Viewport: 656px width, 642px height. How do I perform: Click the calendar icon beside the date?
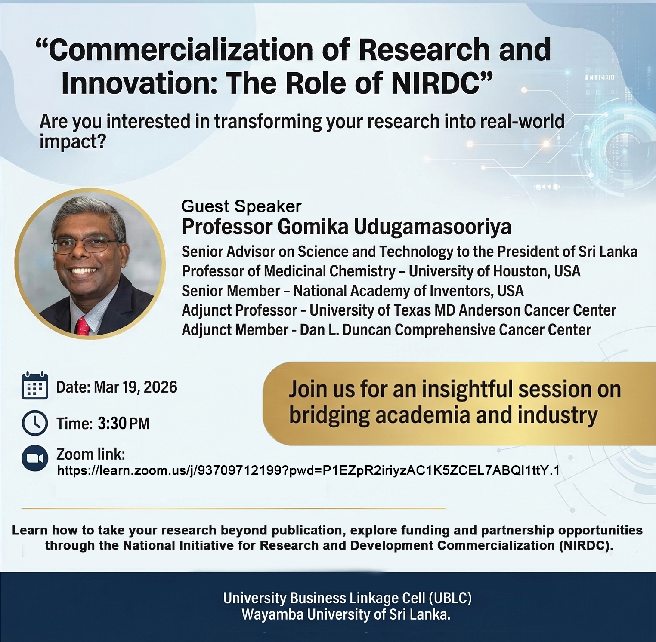[x=34, y=386]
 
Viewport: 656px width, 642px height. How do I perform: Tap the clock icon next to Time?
[x=34, y=423]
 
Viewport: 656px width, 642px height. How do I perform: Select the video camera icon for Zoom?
[x=34, y=458]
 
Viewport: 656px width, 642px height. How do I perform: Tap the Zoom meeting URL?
[x=309, y=470]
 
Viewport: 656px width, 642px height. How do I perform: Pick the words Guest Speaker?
[x=241, y=206]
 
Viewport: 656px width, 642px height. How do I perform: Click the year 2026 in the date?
[x=160, y=387]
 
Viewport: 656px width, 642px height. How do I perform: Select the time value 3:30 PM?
[x=124, y=424]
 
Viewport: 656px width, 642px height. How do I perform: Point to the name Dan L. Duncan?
[x=345, y=330]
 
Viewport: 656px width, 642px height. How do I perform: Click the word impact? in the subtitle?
[x=73, y=142]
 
